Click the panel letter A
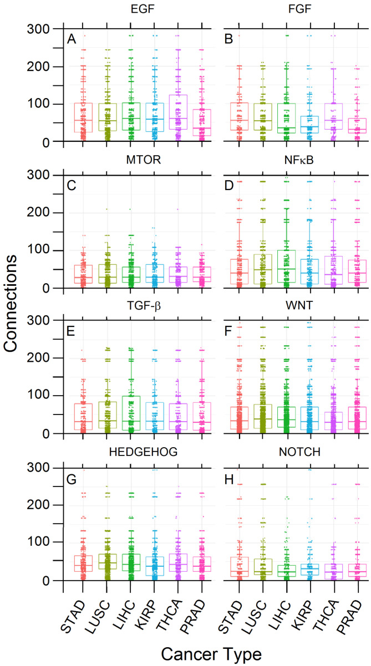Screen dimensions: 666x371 [x=71, y=39]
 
